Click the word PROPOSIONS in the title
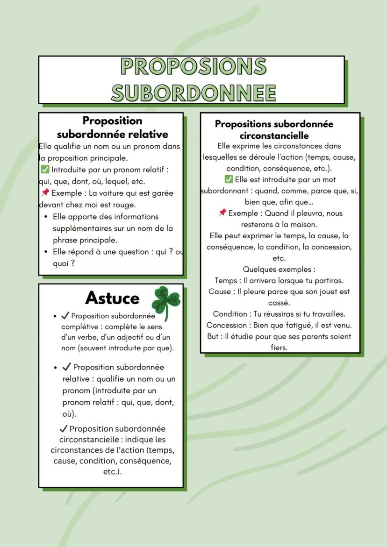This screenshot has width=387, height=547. coord(193,66)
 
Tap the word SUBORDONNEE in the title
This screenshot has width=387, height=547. coord(193,92)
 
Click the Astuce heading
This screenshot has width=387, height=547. coord(112,298)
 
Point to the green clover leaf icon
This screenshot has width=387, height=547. coord(166,301)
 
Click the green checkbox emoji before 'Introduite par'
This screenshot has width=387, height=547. coord(45,170)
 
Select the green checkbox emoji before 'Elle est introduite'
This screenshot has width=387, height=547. coord(229,179)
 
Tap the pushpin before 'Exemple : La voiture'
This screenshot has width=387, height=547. coord(45,193)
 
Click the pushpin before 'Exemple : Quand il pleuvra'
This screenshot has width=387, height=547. coord(222,213)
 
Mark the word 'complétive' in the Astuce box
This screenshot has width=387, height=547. coord(82,327)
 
